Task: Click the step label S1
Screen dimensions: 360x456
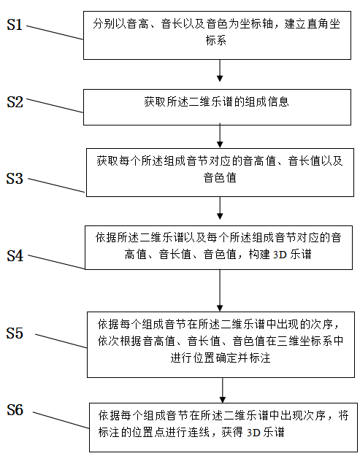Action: pos(15,24)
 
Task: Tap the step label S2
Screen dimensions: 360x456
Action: pos(15,102)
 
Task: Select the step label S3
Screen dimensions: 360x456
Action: pos(15,178)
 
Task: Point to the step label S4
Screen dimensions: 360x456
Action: pos(15,256)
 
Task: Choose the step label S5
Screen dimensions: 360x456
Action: pos(15,333)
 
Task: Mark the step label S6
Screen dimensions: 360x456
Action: pos(15,410)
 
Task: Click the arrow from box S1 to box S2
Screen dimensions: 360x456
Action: pos(220,71)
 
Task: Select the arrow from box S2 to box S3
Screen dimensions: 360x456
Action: pos(220,136)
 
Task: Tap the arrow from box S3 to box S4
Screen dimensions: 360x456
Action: pos(220,208)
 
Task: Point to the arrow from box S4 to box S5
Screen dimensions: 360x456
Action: pos(220,290)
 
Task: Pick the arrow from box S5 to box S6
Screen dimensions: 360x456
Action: pos(223,390)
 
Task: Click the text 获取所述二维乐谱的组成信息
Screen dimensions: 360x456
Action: pos(217,102)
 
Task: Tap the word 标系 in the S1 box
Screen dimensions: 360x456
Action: pos(216,40)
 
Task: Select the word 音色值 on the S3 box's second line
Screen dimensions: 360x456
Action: pos(220,177)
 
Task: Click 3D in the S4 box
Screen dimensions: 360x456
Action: pos(280,255)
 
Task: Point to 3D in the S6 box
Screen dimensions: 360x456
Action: pos(253,433)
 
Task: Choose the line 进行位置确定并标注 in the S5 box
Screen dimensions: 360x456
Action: pos(221,358)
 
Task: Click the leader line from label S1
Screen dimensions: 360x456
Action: pos(55,33)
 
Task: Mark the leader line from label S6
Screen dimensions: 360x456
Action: pos(61,420)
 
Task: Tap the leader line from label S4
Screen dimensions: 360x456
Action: pos(56,262)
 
